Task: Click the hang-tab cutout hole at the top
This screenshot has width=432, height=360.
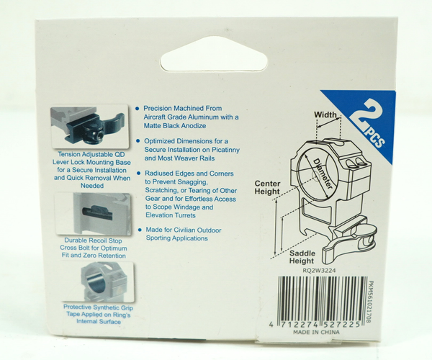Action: (x=210, y=56)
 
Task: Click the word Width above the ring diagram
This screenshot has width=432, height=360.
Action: (x=325, y=114)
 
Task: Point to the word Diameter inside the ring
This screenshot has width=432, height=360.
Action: (x=323, y=174)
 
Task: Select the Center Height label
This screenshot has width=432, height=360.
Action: (x=267, y=187)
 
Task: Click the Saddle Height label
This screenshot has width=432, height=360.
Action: (x=302, y=257)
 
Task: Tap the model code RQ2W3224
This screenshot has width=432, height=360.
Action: (x=319, y=271)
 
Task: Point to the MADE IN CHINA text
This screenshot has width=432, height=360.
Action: (x=316, y=332)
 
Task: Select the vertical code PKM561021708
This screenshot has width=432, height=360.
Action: (x=371, y=302)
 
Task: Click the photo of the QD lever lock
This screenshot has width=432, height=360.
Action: (x=89, y=126)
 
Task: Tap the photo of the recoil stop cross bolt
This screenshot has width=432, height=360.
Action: (x=93, y=214)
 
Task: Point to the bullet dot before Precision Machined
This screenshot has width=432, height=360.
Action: (x=138, y=108)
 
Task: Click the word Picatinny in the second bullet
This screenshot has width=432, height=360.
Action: (x=225, y=150)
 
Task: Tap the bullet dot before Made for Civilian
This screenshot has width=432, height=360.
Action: (x=140, y=230)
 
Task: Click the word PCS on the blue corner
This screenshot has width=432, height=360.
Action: (x=374, y=138)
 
